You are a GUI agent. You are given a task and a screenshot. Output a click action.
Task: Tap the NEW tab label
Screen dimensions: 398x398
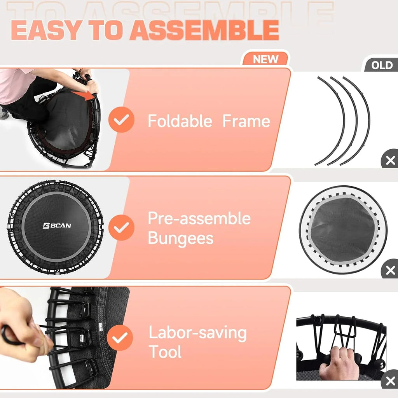pos(266,59)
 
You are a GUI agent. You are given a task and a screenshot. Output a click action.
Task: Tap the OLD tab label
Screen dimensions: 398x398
pos(382,65)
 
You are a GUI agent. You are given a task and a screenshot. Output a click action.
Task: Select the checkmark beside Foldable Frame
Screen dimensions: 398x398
pos(121,120)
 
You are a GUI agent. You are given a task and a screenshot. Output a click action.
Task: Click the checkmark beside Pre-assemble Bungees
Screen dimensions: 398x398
pos(121,227)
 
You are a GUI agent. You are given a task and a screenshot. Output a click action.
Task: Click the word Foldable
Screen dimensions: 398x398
pos(180,121)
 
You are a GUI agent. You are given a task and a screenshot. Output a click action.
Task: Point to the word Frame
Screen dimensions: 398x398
pos(246,121)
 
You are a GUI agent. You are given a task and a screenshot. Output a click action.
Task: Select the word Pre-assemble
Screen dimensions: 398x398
pos(199,218)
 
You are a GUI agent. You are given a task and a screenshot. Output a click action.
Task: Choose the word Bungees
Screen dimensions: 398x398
pos(181,238)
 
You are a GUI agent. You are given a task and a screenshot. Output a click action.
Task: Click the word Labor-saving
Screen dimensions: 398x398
pos(198,333)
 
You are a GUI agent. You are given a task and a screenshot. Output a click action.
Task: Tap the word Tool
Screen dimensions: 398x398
pos(165,352)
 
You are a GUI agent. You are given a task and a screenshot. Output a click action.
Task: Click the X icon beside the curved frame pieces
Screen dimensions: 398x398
pos(390,160)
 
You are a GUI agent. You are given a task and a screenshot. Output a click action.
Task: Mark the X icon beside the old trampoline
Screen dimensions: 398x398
pos(390,270)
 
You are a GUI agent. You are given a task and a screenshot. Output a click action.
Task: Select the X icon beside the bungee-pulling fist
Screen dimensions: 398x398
pos(390,381)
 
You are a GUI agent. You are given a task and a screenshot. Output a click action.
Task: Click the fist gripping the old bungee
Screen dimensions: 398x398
pos(339,363)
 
